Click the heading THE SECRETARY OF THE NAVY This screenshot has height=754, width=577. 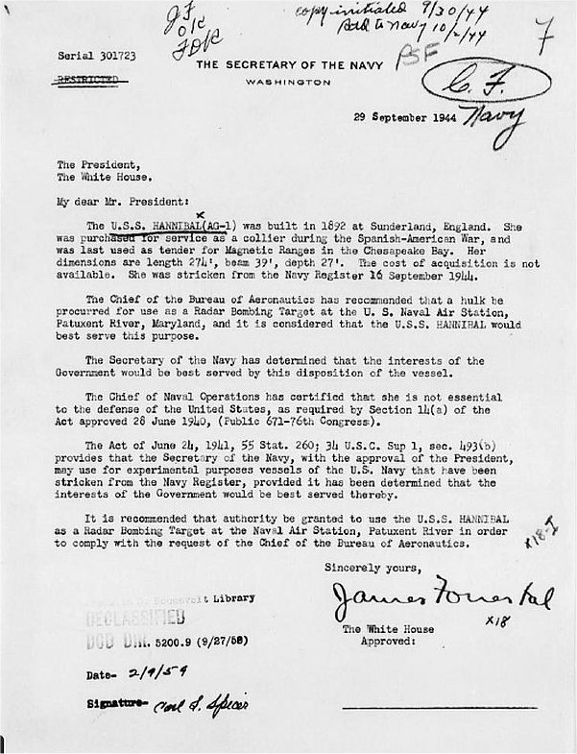[291, 64]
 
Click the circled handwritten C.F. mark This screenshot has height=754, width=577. [490, 85]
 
